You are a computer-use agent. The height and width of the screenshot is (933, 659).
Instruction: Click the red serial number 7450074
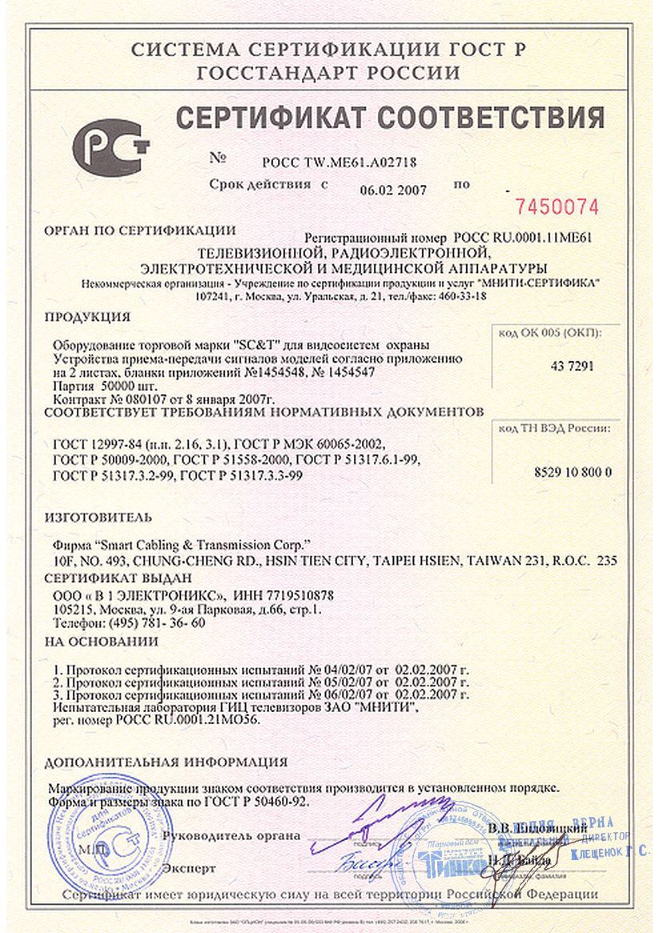557,207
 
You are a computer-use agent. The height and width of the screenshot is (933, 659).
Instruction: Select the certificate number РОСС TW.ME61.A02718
340,163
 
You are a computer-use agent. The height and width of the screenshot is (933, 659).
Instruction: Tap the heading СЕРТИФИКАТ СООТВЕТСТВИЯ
390,118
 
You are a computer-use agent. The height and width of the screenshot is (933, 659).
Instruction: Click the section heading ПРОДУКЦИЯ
87,316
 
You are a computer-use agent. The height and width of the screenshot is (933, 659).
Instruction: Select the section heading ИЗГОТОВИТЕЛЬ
98,518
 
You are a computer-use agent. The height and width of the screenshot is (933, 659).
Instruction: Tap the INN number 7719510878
295,595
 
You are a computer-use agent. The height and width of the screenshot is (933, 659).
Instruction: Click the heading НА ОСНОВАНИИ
101,642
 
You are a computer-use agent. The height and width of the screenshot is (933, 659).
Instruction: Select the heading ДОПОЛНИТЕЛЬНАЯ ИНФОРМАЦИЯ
166,762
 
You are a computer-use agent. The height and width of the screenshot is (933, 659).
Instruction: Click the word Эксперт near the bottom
189,868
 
